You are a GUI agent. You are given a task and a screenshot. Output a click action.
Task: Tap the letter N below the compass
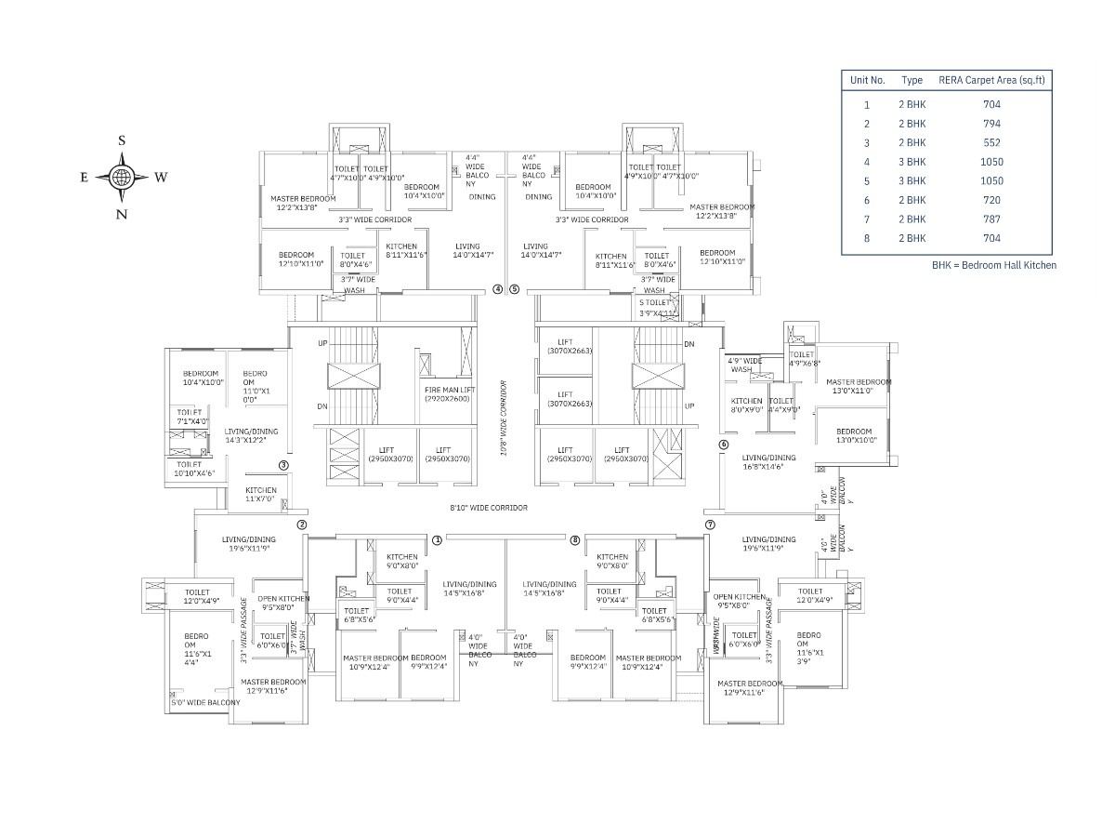tap(122, 214)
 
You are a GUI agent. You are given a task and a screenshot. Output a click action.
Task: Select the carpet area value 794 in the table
tap(991, 124)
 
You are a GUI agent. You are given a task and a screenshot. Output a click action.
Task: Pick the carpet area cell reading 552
tap(991, 142)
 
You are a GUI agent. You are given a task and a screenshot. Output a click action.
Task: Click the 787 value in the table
tap(991, 219)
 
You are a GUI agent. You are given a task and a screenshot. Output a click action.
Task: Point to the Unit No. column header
tap(867, 81)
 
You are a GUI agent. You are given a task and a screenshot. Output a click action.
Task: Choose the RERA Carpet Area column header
tap(991, 81)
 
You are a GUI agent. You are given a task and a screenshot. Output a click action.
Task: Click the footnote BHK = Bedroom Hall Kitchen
tap(994, 265)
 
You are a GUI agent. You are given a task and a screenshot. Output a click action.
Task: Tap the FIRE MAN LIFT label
tap(448, 394)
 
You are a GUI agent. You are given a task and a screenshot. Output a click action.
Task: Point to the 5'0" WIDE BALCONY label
tap(206, 703)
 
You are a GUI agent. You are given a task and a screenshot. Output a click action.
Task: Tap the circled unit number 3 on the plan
tap(283, 466)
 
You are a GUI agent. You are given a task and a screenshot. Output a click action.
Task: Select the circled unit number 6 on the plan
tap(723, 445)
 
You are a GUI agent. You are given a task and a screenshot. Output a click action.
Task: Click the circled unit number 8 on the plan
tap(575, 540)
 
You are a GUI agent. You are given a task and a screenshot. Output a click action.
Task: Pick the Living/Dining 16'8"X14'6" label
tap(768, 462)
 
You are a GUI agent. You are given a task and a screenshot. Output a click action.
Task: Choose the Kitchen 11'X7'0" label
tap(261, 495)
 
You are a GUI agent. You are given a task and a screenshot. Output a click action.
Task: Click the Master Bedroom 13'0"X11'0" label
tap(858, 386)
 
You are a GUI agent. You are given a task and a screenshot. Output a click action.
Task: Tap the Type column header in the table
tap(912, 81)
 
